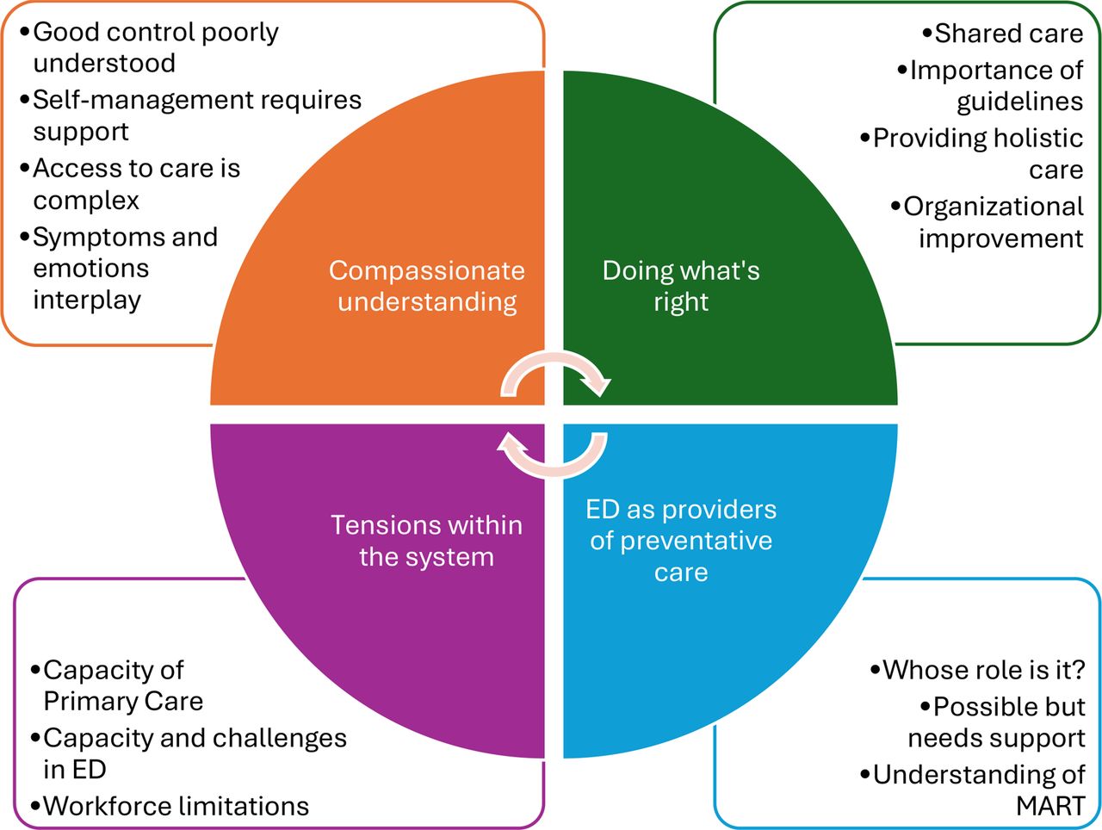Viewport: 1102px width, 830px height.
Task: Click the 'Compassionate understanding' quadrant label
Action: point(427,286)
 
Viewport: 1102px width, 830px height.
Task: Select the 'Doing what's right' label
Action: point(681,286)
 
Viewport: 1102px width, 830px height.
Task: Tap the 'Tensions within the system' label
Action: point(427,541)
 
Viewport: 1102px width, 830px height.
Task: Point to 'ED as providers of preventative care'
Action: point(681,541)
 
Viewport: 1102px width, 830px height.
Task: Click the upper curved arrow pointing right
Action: point(554,357)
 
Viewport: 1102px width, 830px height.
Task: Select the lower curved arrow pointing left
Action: point(554,472)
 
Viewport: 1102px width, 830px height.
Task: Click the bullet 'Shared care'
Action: point(1003,34)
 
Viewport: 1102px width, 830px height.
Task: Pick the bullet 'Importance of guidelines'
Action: point(990,86)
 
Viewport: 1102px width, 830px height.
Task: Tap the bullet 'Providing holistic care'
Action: point(971,153)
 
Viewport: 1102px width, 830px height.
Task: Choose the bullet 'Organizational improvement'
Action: point(987,222)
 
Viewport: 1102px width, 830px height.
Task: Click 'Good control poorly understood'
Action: point(149,47)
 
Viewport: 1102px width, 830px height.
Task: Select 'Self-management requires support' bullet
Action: point(191,115)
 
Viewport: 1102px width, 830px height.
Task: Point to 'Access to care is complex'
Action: point(130,184)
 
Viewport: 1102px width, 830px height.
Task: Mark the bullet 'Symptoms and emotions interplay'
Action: point(119,269)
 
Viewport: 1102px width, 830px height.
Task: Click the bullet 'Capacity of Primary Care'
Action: point(117,685)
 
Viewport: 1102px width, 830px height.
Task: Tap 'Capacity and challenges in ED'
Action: point(189,753)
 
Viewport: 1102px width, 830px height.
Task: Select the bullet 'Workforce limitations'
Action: point(170,806)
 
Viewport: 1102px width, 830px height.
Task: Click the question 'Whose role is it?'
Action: point(977,670)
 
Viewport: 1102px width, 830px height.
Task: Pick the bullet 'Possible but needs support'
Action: point(997,722)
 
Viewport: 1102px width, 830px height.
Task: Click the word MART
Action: point(1051,807)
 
